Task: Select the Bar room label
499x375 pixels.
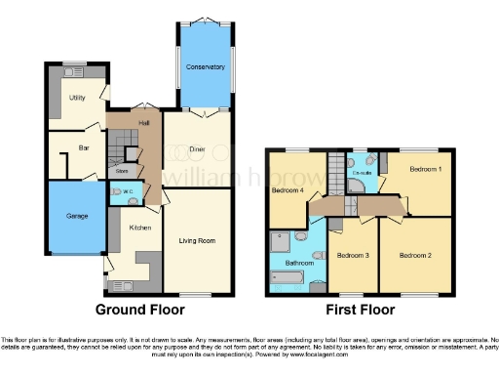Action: pyautogui.click(x=84, y=148)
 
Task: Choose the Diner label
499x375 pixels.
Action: pyautogui.click(x=197, y=149)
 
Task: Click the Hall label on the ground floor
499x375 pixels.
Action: pyautogui.click(x=143, y=123)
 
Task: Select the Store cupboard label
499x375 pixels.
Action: pyautogui.click(x=123, y=171)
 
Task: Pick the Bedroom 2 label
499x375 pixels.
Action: pyautogui.click(x=414, y=254)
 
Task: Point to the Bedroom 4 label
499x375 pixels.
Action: pyautogui.click(x=287, y=189)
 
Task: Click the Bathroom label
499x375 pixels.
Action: pyautogui.click(x=299, y=263)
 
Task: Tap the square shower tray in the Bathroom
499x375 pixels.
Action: pyautogui.click(x=280, y=238)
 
